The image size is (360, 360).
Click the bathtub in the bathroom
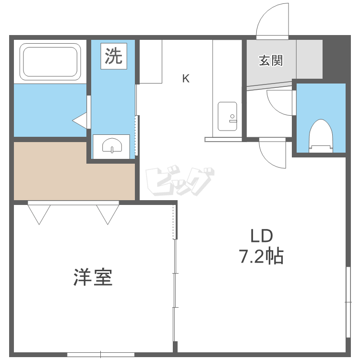click(50, 62)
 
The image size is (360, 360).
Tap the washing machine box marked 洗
click(114, 56)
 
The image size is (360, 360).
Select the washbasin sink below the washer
click(112, 145)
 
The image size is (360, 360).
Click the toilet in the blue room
click(321, 136)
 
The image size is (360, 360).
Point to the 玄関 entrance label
click(271, 60)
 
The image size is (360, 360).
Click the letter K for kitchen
click(186, 79)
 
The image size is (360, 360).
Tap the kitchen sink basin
click(228, 117)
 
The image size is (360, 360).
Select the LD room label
click(262, 236)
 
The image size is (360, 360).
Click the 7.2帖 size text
click(261, 256)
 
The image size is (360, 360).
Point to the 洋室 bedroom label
click(93, 277)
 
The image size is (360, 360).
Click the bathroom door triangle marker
click(79, 120)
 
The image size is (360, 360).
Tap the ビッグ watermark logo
click(180, 180)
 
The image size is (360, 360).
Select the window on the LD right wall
click(348, 302)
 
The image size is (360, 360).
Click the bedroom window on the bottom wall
click(101, 355)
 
